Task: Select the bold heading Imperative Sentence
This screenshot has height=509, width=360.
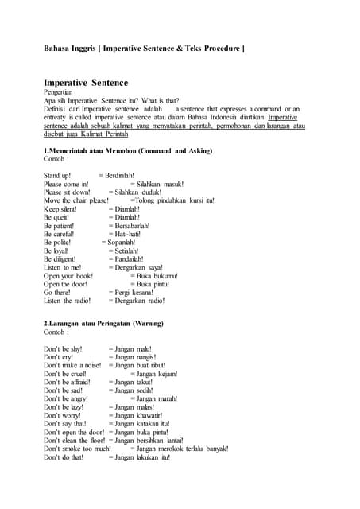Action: tap(85, 83)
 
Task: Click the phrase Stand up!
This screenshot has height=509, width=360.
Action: tap(57, 175)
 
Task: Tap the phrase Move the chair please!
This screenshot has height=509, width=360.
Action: tap(75, 201)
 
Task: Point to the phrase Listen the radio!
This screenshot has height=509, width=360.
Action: tap(67, 301)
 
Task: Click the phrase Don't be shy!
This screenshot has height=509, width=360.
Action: tap(63, 349)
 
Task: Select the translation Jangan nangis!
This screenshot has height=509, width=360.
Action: tap(132, 358)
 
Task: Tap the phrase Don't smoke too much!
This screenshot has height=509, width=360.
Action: tap(77, 449)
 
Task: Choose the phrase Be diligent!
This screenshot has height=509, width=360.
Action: tap(60, 259)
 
